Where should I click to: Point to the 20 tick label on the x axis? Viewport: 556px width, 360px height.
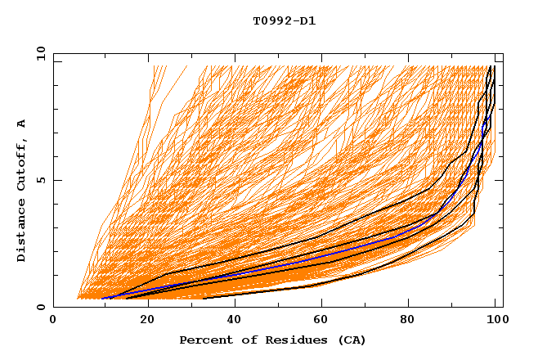click(x=146, y=320)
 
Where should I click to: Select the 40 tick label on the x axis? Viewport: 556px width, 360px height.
click(x=235, y=320)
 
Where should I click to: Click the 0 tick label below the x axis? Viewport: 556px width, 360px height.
click(x=53, y=320)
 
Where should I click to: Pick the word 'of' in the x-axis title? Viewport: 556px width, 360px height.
click(x=245, y=340)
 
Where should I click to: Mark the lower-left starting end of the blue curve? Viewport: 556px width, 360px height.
click(x=102, y=299)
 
